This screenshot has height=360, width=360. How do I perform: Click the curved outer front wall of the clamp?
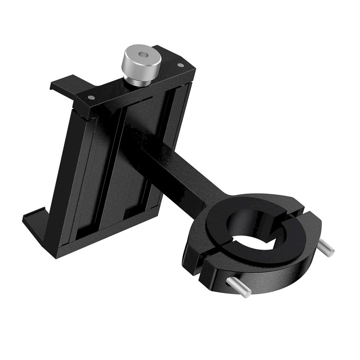(x=274, y=277)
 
